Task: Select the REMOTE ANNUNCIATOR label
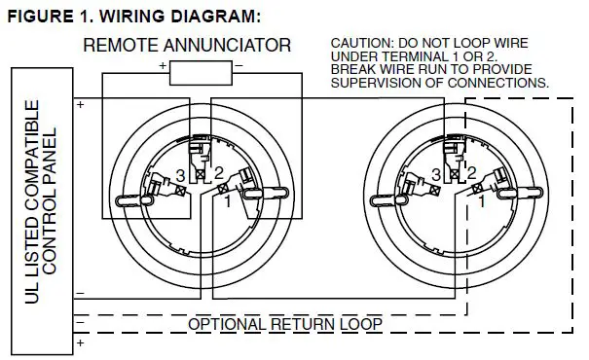(188, 45)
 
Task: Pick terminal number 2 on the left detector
(221, 173)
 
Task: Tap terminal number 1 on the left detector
(228, 202)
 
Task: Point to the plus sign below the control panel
(79, 342)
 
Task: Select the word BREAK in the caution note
(352, 70)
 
